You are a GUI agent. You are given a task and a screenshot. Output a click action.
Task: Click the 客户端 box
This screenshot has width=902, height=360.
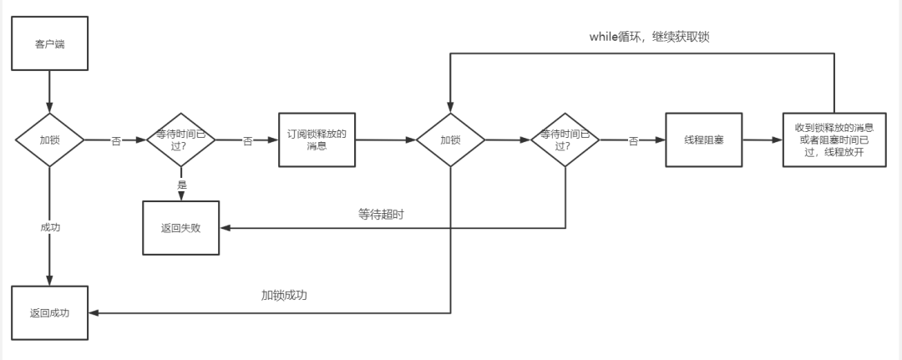49,44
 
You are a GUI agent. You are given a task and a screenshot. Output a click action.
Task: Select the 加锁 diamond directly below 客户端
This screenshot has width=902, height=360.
49,139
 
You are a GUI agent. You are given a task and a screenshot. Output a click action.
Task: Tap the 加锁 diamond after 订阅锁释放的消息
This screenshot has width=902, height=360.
451,139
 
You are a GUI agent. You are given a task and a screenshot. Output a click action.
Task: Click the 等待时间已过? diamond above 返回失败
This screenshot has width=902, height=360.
181,139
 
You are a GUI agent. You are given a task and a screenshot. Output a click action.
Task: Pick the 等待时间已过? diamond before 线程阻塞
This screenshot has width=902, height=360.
565,139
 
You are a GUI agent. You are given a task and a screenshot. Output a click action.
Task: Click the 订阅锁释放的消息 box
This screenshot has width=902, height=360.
317,139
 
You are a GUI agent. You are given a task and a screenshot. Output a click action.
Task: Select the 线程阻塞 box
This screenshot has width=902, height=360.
704,139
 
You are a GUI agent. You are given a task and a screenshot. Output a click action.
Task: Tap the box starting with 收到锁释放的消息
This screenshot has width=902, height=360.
834,139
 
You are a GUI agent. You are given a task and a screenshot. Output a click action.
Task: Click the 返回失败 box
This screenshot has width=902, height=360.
180,227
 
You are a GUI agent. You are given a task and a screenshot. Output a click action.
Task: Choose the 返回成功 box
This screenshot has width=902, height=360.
49,313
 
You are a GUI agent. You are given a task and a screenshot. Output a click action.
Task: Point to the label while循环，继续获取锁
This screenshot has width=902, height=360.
649,38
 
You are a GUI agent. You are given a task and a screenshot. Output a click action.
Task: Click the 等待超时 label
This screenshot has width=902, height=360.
382,215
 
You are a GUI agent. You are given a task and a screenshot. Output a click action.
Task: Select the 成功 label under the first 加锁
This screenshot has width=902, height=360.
49,227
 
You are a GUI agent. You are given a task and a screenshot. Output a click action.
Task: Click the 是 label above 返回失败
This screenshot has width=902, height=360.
181,183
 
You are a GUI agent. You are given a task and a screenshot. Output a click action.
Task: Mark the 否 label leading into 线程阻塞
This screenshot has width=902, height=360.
633,141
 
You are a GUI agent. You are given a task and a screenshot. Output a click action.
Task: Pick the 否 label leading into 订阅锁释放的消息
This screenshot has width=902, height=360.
247,141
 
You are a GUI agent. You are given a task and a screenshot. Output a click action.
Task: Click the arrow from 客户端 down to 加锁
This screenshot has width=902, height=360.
49,92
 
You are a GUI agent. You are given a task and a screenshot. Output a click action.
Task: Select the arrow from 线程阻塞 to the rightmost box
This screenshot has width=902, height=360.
763,139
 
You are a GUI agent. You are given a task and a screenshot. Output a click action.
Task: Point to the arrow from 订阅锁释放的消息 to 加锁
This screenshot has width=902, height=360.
386,139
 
